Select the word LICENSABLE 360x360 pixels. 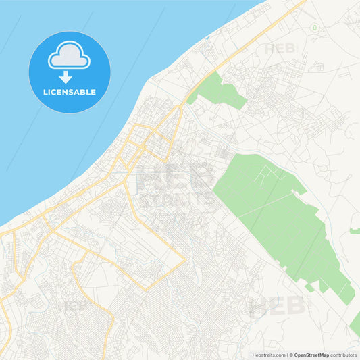coord(69,91)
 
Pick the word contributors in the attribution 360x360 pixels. coord(344,354)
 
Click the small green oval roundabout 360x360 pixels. coord(314,28)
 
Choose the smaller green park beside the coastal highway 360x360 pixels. coord(220,92)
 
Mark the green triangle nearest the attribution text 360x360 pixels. coord(355,324)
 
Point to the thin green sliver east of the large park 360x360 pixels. coord(355,231)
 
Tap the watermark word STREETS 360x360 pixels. coord(174,200)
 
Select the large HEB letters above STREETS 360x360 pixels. coord(174,177)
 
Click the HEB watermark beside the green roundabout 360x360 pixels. coord(280,49)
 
